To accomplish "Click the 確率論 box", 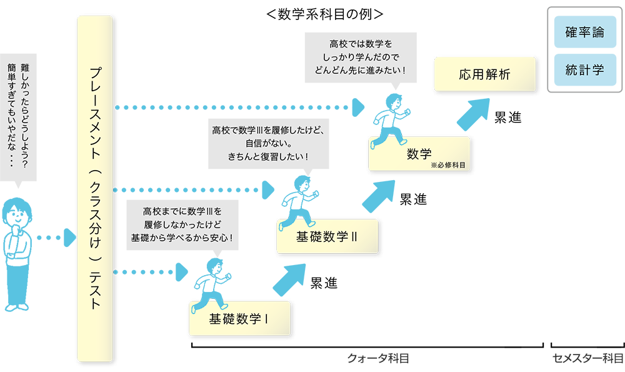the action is [x=585, y=32].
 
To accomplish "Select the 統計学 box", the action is [x=585, y=70].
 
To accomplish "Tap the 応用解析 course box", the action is [x=485, y=74].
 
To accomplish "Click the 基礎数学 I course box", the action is [x=239, y=318].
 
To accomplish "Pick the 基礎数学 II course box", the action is [x=327, y=236].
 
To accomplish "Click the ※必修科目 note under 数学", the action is [x=448, y=165].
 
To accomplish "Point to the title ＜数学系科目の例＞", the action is [x=324, y=14].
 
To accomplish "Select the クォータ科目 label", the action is [x=378, y=358].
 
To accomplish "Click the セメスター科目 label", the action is [x=587, y=358].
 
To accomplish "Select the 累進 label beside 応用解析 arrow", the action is [x=507, y=117].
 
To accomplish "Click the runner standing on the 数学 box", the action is [x=390, y=121].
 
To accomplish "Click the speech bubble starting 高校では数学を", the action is [x=361, y=58].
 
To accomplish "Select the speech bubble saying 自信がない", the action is [x=269, y=144].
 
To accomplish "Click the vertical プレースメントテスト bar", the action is [x=95, y=189].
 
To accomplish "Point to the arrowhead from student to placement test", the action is [x=70, y=238].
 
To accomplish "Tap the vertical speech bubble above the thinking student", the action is [x=18, y=117].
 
